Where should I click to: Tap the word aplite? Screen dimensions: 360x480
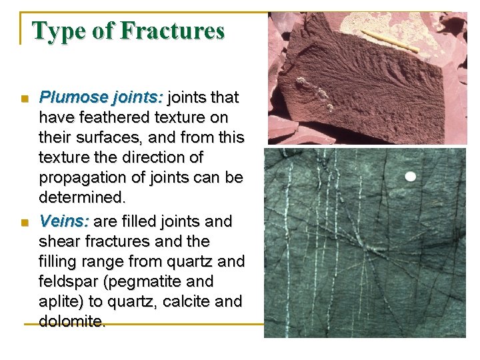61,301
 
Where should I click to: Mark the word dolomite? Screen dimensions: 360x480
71,321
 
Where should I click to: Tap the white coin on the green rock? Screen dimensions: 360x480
410,177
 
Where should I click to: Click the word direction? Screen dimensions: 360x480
170,158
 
